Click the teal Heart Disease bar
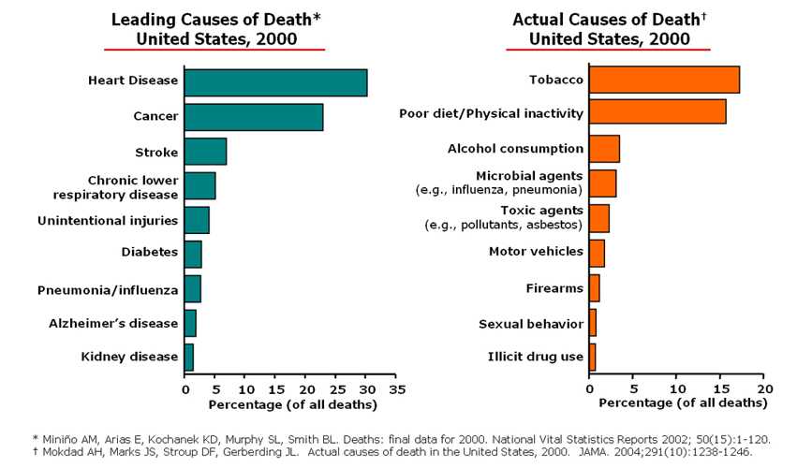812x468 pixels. tap(275, 82)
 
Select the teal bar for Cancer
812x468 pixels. tap(254, 117)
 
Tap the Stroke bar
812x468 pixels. tap(205, 151)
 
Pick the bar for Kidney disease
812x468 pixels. tap(189, 357)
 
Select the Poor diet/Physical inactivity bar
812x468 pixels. tap(657, 111)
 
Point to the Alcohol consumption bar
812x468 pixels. tap(604, 149)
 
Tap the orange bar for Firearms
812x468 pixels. tap(594, 288)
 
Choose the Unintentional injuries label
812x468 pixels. tap(108, 221)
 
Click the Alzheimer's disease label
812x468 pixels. tap(113, 323)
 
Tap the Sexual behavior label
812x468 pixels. tap(531, 324)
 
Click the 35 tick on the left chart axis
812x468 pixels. tap(397, 388)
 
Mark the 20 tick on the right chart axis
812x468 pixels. tap(764, 388)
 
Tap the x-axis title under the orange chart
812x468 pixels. tap(682, 403)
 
